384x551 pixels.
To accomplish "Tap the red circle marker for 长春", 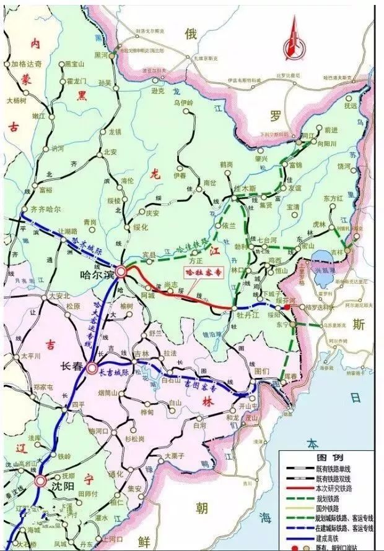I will pyautogui.click(x=92, y=368).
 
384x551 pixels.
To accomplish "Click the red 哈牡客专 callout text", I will pyautogui.click(x=199, y=271).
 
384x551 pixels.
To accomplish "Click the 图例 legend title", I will pyautogui.click(x=326, y=457).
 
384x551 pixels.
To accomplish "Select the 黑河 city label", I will pyautogui.click(x=101, y=55).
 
